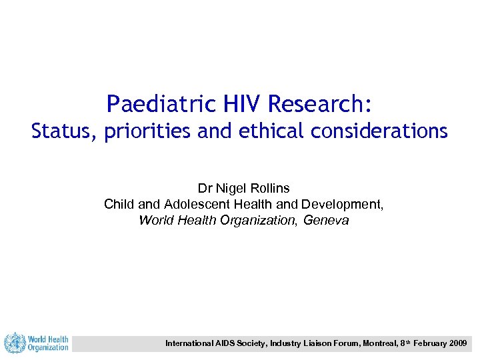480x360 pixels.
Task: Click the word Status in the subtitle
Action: click(x=64, y=131)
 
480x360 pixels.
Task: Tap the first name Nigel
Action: click(x=230, y=189)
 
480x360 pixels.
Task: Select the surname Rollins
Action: click(x=269, y=189)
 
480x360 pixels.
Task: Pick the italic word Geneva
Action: click(x=327, y=220)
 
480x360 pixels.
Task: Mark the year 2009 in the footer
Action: click(x=458, y=343)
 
